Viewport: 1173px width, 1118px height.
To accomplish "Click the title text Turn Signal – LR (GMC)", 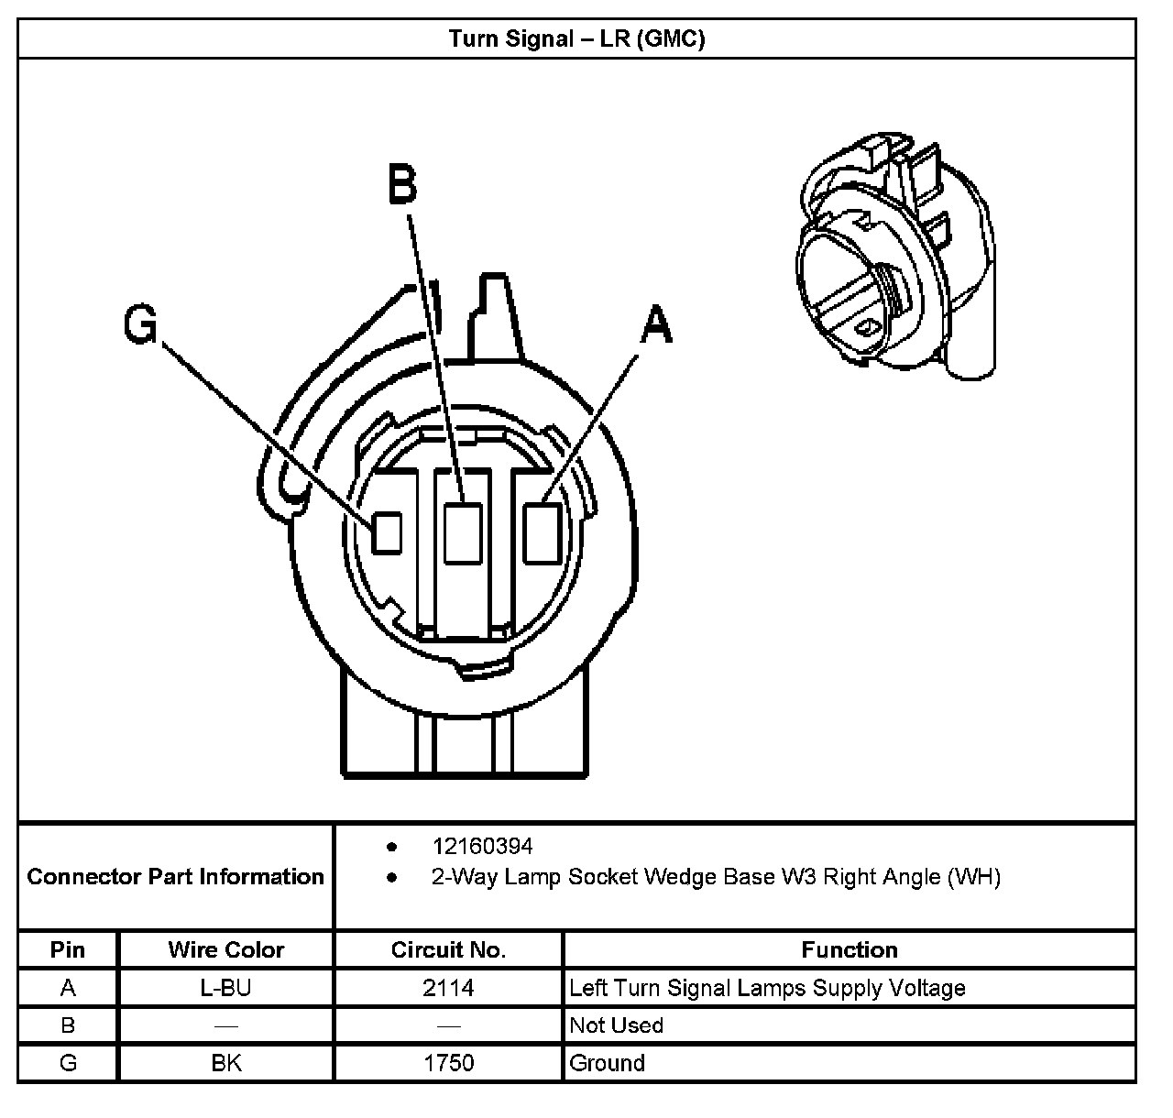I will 576,38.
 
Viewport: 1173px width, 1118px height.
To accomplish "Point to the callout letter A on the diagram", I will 656,325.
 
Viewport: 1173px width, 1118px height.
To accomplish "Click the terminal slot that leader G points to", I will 387,532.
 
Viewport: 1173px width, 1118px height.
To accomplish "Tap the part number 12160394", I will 482,846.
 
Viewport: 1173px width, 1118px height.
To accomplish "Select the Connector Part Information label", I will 176,877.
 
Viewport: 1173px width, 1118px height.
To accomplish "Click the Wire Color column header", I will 226,949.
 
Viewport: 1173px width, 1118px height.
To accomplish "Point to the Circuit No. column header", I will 448,949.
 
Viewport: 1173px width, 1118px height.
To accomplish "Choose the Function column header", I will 850,949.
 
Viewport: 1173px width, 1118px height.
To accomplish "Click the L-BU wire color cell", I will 226,988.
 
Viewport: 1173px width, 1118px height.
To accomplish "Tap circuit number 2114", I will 448,988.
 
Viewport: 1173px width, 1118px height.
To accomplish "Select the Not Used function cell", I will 616,1025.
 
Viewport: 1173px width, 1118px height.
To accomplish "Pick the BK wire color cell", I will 226,1063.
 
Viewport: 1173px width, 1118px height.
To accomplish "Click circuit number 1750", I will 448,1063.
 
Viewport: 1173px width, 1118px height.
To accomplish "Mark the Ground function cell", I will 607,1063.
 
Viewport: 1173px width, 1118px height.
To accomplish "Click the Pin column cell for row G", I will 68,1063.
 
